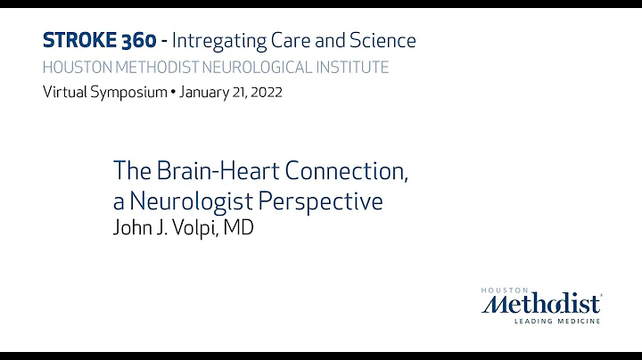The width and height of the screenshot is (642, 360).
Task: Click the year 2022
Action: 264,93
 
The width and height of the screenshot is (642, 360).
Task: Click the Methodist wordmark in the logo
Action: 541,304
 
